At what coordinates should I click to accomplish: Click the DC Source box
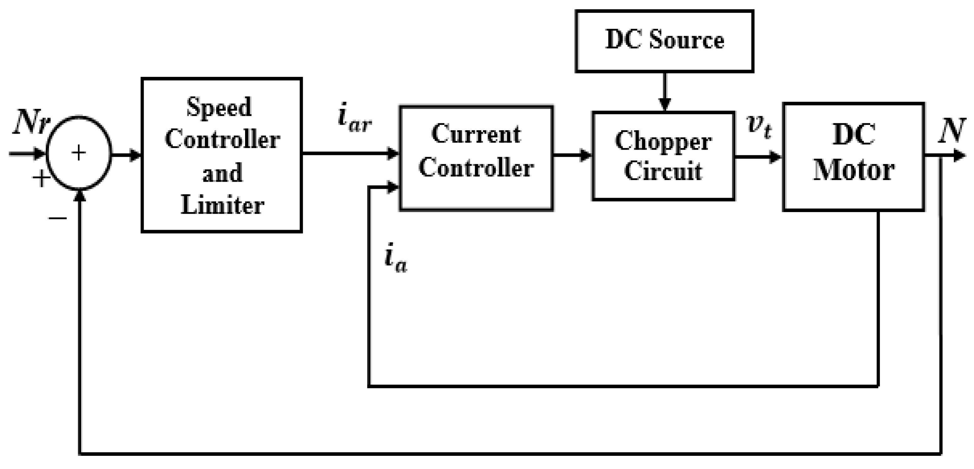point(664,41)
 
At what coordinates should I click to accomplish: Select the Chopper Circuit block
point(664,156)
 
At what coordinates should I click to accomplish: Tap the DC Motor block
point(854,157)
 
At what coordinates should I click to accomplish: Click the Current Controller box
point(476,158)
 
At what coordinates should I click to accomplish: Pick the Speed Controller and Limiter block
point(222,155)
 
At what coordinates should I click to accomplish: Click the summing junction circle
point(79,153)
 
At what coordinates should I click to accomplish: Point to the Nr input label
point(30,122)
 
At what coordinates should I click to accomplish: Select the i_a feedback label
point(395,261)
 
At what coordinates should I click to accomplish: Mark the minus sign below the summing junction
point(57,218)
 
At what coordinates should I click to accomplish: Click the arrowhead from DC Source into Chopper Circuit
point(665,104)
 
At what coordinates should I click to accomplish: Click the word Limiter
point(222,205)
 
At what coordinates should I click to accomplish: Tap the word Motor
point(854,170)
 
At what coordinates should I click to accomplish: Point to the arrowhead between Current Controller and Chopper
point(586,155)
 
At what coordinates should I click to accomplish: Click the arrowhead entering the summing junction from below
point(80,195)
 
